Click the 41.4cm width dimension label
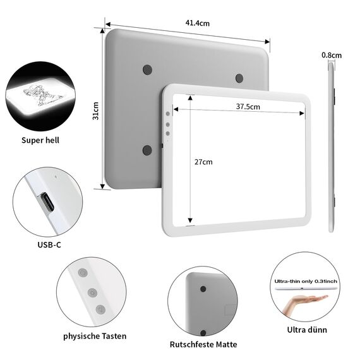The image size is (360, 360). pos(197,23)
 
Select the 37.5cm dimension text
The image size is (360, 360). pos(248,106)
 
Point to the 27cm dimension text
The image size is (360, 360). pos(203,162)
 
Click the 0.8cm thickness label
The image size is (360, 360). pos(332,56)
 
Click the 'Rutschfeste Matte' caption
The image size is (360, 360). pos(203,345)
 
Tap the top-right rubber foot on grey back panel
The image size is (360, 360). pos(239,78)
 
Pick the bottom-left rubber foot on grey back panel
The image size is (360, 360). pos(147,150)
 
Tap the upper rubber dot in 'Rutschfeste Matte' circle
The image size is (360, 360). pos(203,288)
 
